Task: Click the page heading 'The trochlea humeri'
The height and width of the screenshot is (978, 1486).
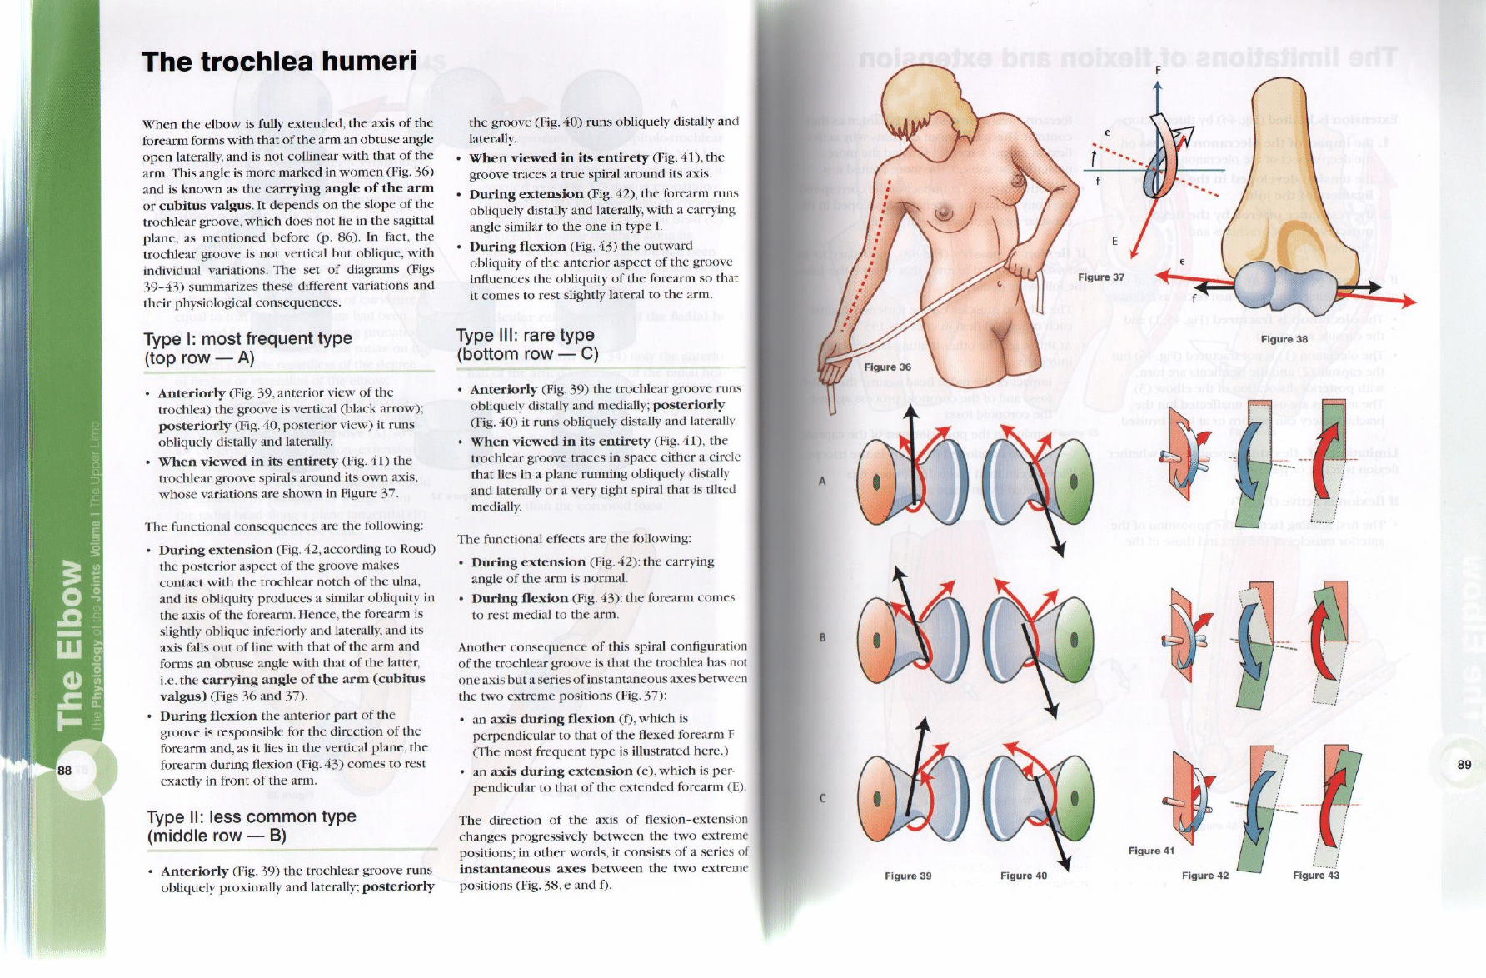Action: (279, 62)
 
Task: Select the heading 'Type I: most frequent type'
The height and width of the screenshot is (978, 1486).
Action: (247, 339)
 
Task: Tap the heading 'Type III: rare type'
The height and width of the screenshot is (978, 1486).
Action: (526, 335)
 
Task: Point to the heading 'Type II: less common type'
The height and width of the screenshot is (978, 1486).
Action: (251, 816)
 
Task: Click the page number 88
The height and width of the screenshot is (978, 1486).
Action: (64, 770)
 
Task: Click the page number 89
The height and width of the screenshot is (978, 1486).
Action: (1464, 764)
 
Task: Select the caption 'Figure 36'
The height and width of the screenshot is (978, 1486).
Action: (887, 367)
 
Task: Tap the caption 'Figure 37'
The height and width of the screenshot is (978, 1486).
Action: (1100, 277)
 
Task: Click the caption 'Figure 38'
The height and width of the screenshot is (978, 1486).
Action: (1284, 339)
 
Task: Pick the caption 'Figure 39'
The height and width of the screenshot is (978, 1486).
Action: (907, 876)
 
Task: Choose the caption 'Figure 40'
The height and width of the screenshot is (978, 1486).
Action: (1023, 876)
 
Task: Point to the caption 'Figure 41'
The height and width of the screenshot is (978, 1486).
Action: (1150, 851)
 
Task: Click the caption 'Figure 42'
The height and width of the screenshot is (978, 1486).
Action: (1204, 876)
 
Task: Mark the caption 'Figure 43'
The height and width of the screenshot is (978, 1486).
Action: (1315, 875)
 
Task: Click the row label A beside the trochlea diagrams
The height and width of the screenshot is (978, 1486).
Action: (821, 482)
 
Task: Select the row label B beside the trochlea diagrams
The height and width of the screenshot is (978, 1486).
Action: (821, 638)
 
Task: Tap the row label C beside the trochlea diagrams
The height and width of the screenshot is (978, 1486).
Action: (821, 797)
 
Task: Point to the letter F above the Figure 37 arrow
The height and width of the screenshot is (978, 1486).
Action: (1158, 70)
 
